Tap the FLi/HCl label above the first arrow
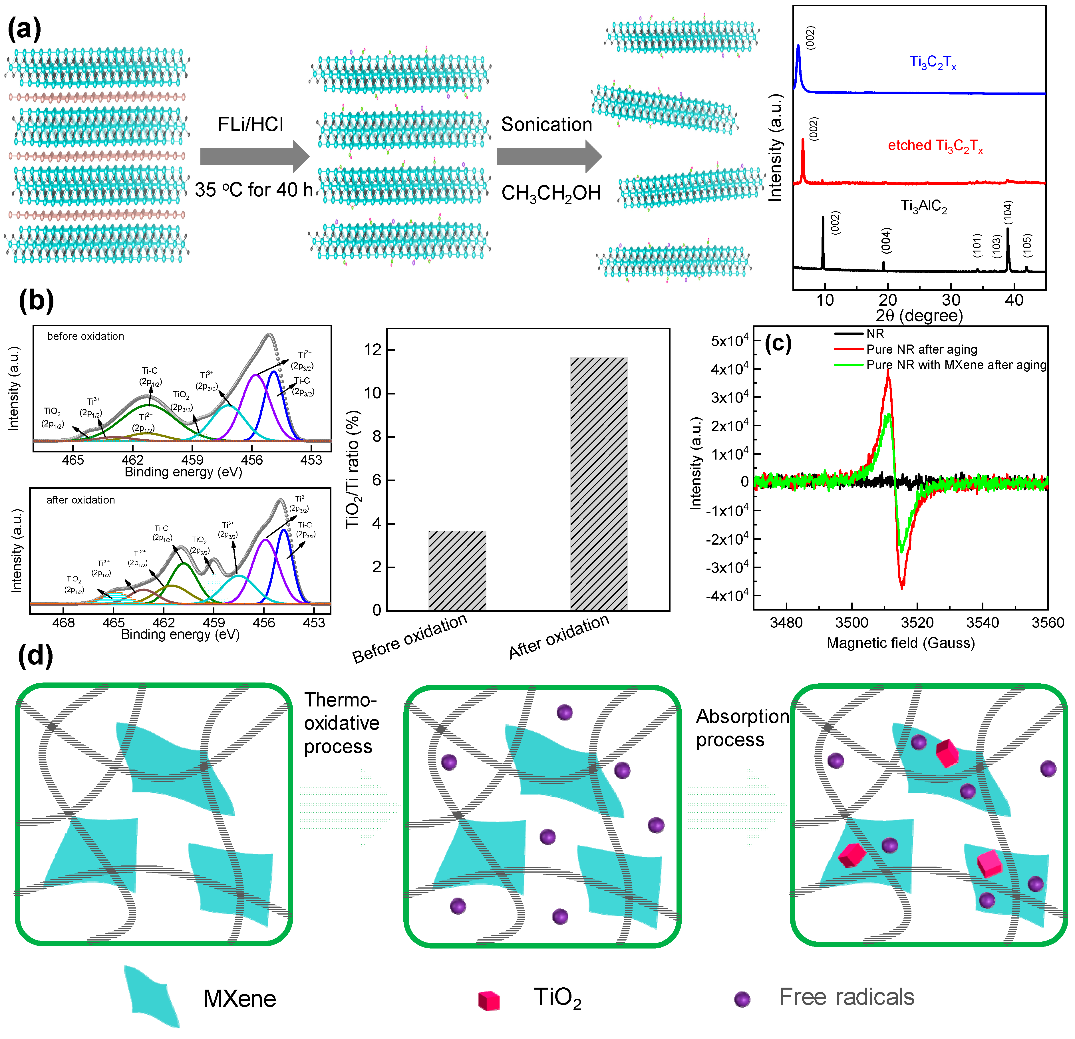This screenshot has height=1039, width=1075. [251, 124]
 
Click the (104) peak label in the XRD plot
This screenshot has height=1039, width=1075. [1008, 212]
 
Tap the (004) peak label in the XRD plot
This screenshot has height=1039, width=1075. [886, 240]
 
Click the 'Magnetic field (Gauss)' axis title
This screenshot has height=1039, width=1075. [901, 643]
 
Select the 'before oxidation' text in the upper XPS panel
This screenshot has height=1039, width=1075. [86, 336]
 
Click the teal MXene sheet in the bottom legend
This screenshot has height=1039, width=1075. [151, 996]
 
